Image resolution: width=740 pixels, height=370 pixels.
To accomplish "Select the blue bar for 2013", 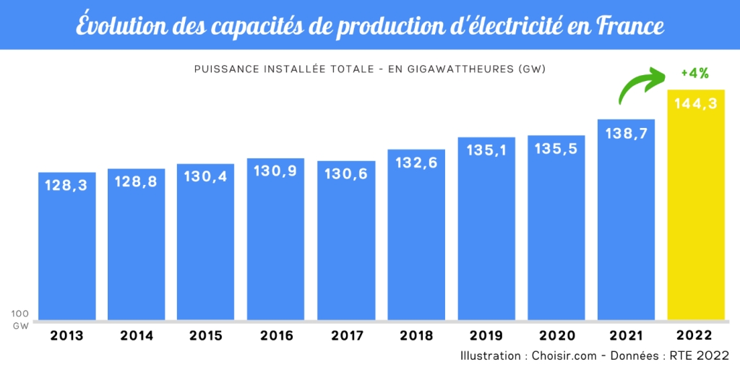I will pos(67,246).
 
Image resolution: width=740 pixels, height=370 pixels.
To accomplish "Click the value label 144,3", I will pos(696,103).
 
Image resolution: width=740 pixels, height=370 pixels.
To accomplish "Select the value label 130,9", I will pos(275,171).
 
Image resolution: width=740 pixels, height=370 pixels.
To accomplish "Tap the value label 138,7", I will pos(626,133).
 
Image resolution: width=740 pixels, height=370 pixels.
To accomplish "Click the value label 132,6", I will pos(416,163).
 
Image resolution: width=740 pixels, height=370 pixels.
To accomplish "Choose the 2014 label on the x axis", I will pos(137,335).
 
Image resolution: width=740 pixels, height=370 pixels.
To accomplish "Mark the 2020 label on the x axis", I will pos(556,335).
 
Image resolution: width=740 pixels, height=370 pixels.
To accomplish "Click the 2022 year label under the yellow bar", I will pos(696,335).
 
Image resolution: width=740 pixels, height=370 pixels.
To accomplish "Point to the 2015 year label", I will pos(205,335).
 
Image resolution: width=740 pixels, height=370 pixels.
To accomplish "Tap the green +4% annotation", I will pos(694,73).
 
